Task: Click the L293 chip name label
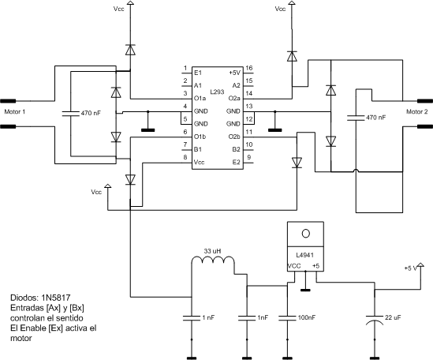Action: tap(217, 92)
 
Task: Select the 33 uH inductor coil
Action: tap(213, 260)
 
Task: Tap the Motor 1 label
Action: tap(15, 111)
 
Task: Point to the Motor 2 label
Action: tap(416, 111)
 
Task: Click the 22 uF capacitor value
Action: tap(393, 317)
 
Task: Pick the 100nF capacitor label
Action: tap(306, 317)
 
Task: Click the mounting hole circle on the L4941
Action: tap(305, 234)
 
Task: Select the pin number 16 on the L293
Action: tap(248, 68)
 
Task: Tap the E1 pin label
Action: tap(198, 73)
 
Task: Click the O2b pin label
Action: tap(234, 137)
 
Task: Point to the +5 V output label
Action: tap(410, 268)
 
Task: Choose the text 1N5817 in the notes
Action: tap(56, 298)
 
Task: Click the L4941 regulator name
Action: tap(304, 255)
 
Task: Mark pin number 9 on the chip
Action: tap(248, 157)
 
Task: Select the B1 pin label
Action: tap(198, 149)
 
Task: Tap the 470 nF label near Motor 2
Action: tap(375, 118)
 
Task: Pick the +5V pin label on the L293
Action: tap(235, 73)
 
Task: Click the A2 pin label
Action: tap(236, 85)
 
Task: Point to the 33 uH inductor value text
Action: tap(212, 251)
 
